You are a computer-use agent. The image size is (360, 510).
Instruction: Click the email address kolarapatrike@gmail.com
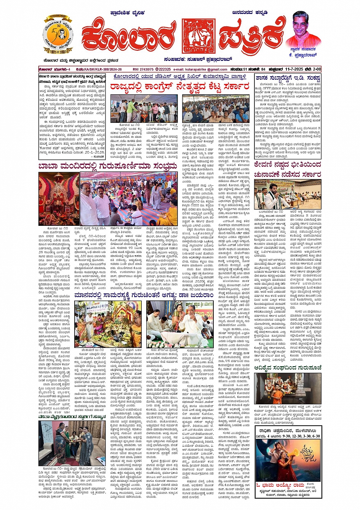click(206, 69)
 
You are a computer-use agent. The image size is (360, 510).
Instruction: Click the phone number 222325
click(164, 69)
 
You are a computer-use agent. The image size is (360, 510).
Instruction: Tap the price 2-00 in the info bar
click(316, 69)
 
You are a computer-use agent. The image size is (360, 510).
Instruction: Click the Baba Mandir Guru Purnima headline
click(108, 166)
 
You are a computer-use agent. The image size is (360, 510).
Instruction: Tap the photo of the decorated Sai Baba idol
click(59, 198)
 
